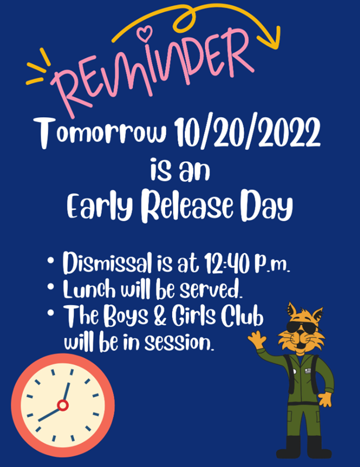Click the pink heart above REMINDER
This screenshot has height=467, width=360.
(145, 33)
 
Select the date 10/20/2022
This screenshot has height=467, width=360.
(247, 132)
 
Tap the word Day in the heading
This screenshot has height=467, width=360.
(266, 206)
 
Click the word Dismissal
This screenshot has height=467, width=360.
(107, 263)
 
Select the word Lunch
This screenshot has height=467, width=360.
(89, 289)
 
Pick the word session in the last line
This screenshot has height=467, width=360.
(179, 343)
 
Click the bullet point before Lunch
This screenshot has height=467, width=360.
(51, 287)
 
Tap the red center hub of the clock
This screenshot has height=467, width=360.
(63, 405)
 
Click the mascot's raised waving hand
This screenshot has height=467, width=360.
(257, 339)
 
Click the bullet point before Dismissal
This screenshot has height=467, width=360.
(51, 260)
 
